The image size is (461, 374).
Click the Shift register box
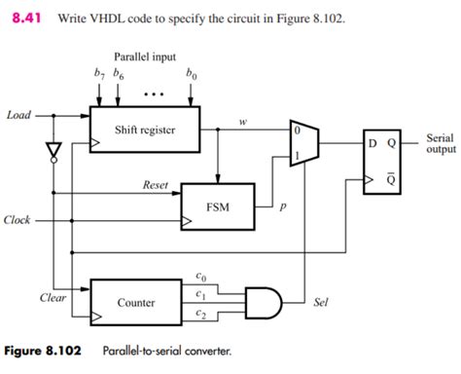coord(145,130)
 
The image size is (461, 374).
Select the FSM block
coord(218,206)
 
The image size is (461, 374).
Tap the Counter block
coord(136,302)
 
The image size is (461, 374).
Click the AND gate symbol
coord(264,303)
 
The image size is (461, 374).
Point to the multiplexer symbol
coord(304,143)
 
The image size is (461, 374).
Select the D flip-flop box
coord(382,162)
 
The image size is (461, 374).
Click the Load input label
coord(18,115)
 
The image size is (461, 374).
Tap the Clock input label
coord(17,220)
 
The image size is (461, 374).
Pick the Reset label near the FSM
coord(156,185)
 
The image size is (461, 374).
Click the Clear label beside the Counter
coord(53,297)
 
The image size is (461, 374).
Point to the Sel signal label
coord(321,302)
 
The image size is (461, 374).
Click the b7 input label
coord(99,73)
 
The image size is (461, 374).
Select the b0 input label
coord(191,74)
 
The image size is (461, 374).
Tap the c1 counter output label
coord(200,294)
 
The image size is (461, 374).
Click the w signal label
coord(243,122)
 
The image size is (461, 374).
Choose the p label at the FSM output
coord(283,206)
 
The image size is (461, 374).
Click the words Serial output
coord(441,143)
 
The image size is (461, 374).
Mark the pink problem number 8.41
coord(26,18)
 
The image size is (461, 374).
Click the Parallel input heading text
coord(145,56)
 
